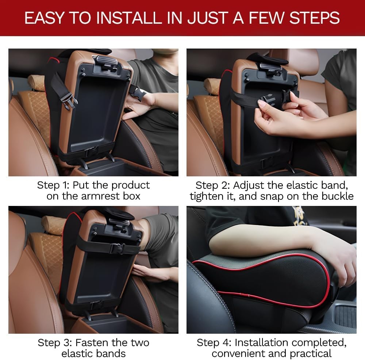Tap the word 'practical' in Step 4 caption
(311, 353)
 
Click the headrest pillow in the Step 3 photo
(51, 225)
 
